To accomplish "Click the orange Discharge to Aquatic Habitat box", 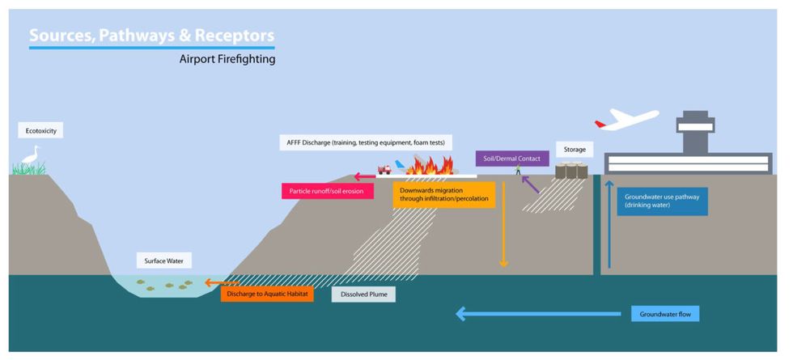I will tap(266, 294).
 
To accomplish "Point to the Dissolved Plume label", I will tap(364, 294).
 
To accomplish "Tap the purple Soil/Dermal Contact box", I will tap(507, 159).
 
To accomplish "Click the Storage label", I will tap(575, 150).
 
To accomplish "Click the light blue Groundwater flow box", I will tap(664, 313).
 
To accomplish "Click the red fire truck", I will tap(384, 169).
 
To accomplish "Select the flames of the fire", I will tap(425, 167).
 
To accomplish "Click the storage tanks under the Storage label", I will tap(571, 171).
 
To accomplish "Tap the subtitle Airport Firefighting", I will tap(227, 59).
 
